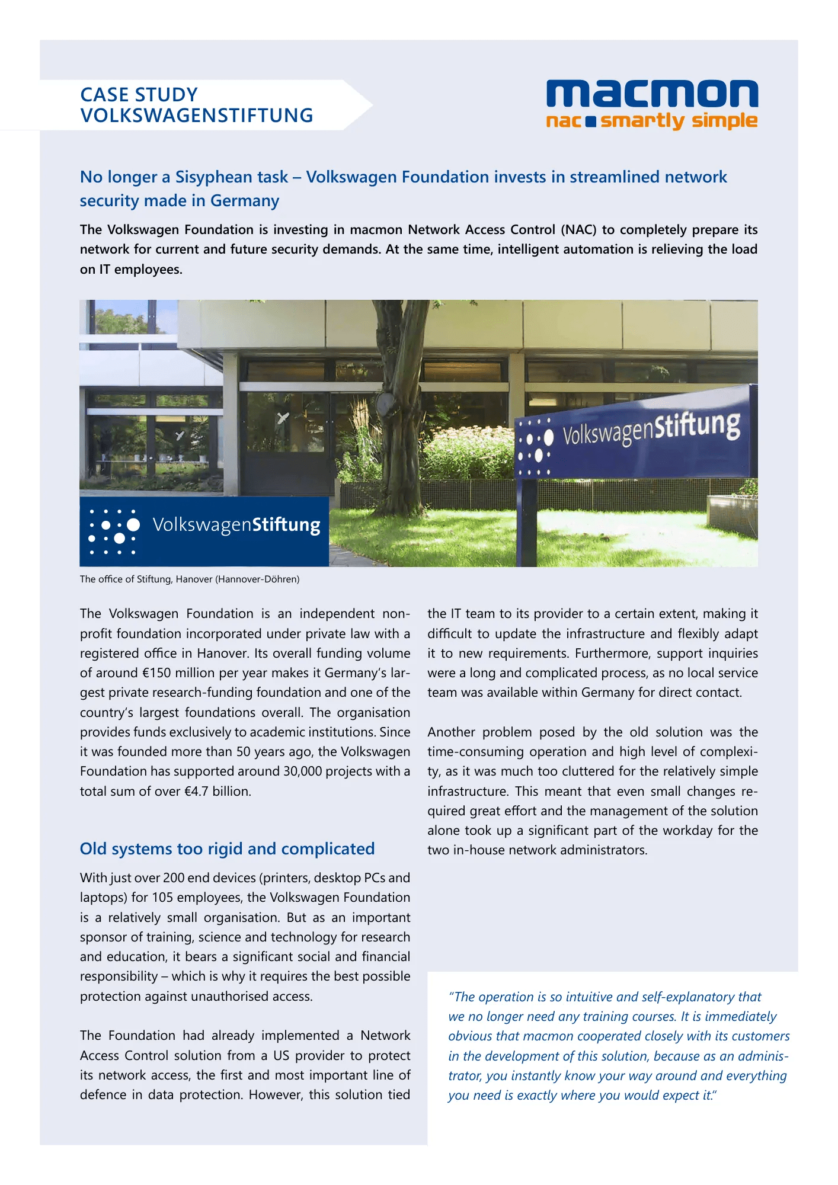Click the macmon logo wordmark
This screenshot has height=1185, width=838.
pos(652,94)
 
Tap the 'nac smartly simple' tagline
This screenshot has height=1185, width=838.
pos(652,121)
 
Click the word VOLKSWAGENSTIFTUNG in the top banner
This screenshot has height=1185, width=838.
pos(197,116)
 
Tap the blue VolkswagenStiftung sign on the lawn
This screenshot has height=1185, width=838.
pos(634,433)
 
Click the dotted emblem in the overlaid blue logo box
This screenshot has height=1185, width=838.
pos(113,531)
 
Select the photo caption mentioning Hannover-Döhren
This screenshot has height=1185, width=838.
pos(190,579)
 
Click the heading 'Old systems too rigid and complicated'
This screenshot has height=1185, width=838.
pos(227,849)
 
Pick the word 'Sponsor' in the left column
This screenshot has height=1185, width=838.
pos(103,937)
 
